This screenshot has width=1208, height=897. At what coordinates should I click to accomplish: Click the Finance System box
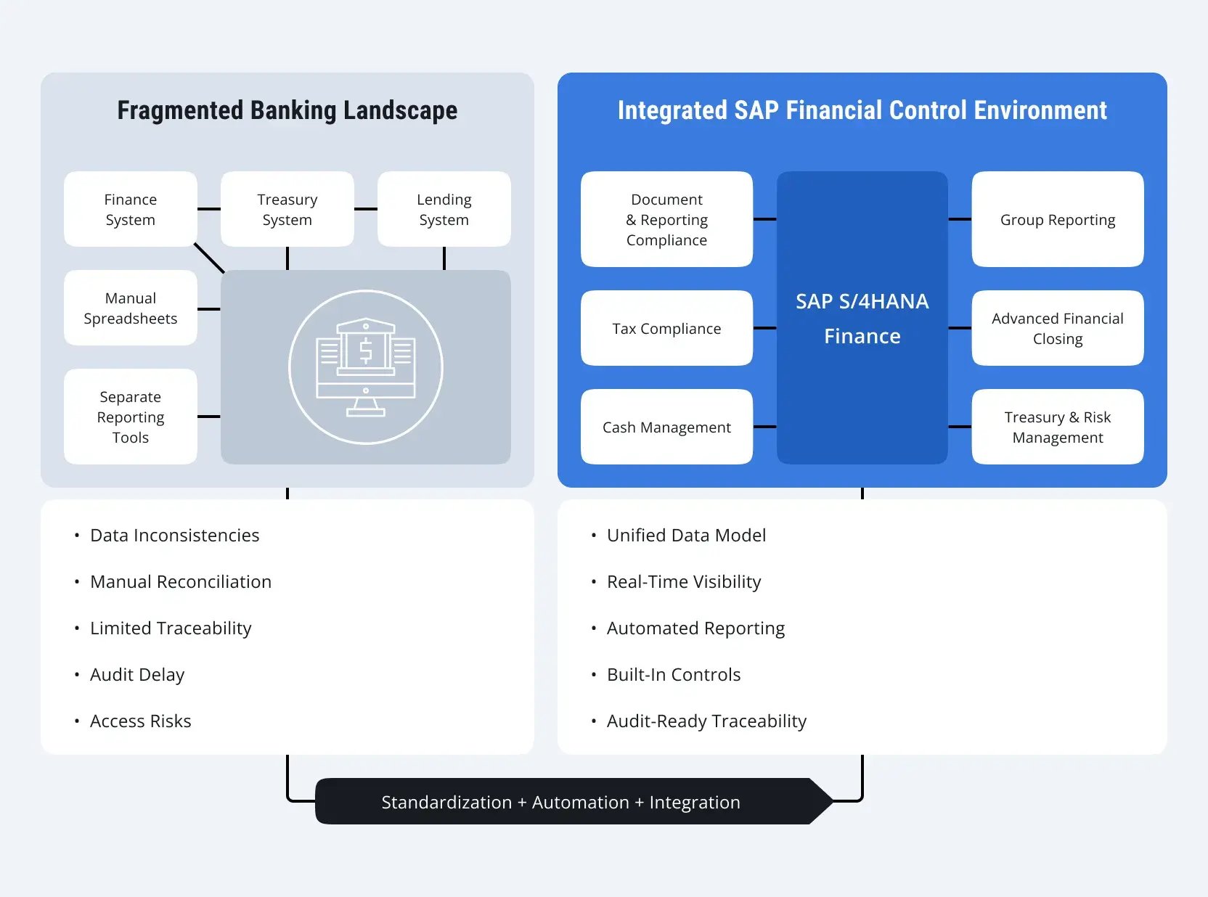coord(131,209)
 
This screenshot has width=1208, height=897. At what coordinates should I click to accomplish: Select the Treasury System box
coord(287,209)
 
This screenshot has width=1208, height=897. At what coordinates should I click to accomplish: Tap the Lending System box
coord(444,209)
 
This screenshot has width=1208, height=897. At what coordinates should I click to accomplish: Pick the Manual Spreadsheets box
coord(131,308)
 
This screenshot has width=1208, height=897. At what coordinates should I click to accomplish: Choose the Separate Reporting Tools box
coord(131,417)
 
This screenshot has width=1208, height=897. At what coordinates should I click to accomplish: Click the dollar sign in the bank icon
coord(366,351)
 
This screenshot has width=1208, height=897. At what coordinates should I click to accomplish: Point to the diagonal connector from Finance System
coord(209,258)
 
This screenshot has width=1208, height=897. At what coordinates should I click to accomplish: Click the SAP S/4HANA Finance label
coord(862,319)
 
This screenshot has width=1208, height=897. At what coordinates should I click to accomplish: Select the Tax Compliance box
coord(666,328)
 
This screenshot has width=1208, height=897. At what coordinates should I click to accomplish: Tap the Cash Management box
coord(666,427)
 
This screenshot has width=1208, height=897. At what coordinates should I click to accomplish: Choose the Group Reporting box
coord(1057,219)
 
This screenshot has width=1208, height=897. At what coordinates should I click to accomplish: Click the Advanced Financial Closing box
coord(1057,328)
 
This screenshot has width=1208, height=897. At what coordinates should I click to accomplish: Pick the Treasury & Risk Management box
coord(1057,427)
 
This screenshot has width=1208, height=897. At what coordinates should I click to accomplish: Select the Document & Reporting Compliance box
coord(666,219)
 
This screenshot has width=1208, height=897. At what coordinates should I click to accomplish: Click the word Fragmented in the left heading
coord(180,110)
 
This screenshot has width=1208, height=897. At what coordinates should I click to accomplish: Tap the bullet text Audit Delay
coord(137,674)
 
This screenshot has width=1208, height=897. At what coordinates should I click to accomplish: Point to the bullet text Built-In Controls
coord(673,674)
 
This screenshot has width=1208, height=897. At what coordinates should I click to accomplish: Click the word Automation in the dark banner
coord(580,802)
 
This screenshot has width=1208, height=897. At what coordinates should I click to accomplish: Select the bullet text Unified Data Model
coord(686,535)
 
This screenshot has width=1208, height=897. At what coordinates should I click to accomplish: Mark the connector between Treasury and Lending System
coord(366,209)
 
